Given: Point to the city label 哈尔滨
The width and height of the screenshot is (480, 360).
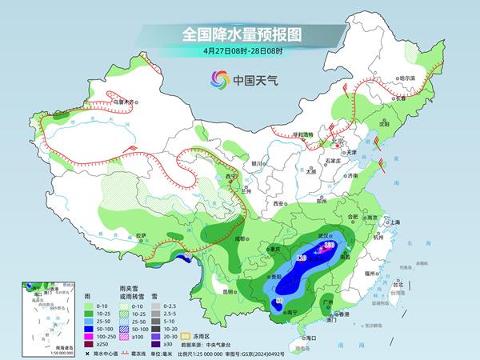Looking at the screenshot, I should point(407,78).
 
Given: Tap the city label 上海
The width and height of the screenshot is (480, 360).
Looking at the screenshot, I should point(394,222).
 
